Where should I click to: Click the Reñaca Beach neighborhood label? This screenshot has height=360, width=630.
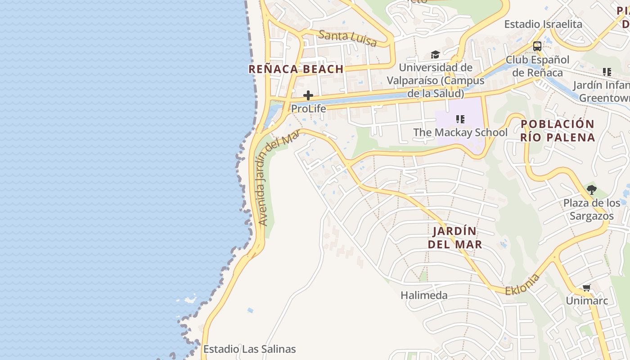click(296, 69)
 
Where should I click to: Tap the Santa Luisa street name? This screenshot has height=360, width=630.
click(347, 38)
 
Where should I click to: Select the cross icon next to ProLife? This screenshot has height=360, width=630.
click(308, 95)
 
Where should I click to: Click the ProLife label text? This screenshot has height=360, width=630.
click(309, 108)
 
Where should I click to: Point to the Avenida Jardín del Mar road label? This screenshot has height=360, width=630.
click(279, 178)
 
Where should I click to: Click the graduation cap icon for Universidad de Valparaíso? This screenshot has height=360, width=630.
click(435, 55)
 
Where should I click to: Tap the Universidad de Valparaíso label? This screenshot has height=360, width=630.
click(436, 81)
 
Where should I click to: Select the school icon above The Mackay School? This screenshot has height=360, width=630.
click(460, 119)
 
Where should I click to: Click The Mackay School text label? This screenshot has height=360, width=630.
click(460, 132)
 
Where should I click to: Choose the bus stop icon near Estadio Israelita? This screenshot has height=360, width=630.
click(537, 46)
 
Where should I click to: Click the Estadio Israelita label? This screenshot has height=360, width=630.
click(543, 24)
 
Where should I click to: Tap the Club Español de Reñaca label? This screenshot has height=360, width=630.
click(537, 66)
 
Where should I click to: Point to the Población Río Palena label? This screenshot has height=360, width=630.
click(558, 130)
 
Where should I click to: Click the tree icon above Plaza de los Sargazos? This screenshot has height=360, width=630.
click(592, 190)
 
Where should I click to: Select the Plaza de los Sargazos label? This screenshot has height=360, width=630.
click(592, 209)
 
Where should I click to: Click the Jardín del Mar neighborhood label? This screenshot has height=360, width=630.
click(454, 238)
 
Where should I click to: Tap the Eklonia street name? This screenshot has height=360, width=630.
click(522, 284)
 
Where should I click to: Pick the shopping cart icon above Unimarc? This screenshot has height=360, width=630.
click(586, 288)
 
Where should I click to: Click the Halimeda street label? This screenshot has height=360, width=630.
click(424, 296)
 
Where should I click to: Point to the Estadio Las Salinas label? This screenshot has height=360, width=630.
click(250, 349)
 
